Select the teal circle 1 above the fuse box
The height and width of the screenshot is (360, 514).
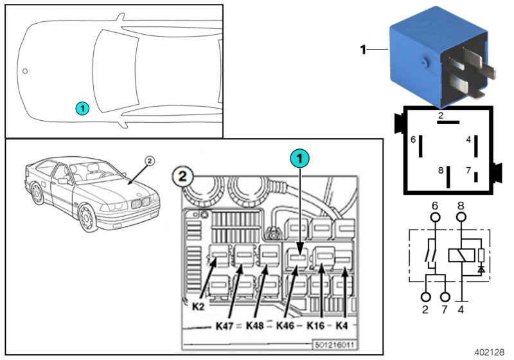tap(299, 157)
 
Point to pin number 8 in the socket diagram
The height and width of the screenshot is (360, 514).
tap(440, 170)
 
